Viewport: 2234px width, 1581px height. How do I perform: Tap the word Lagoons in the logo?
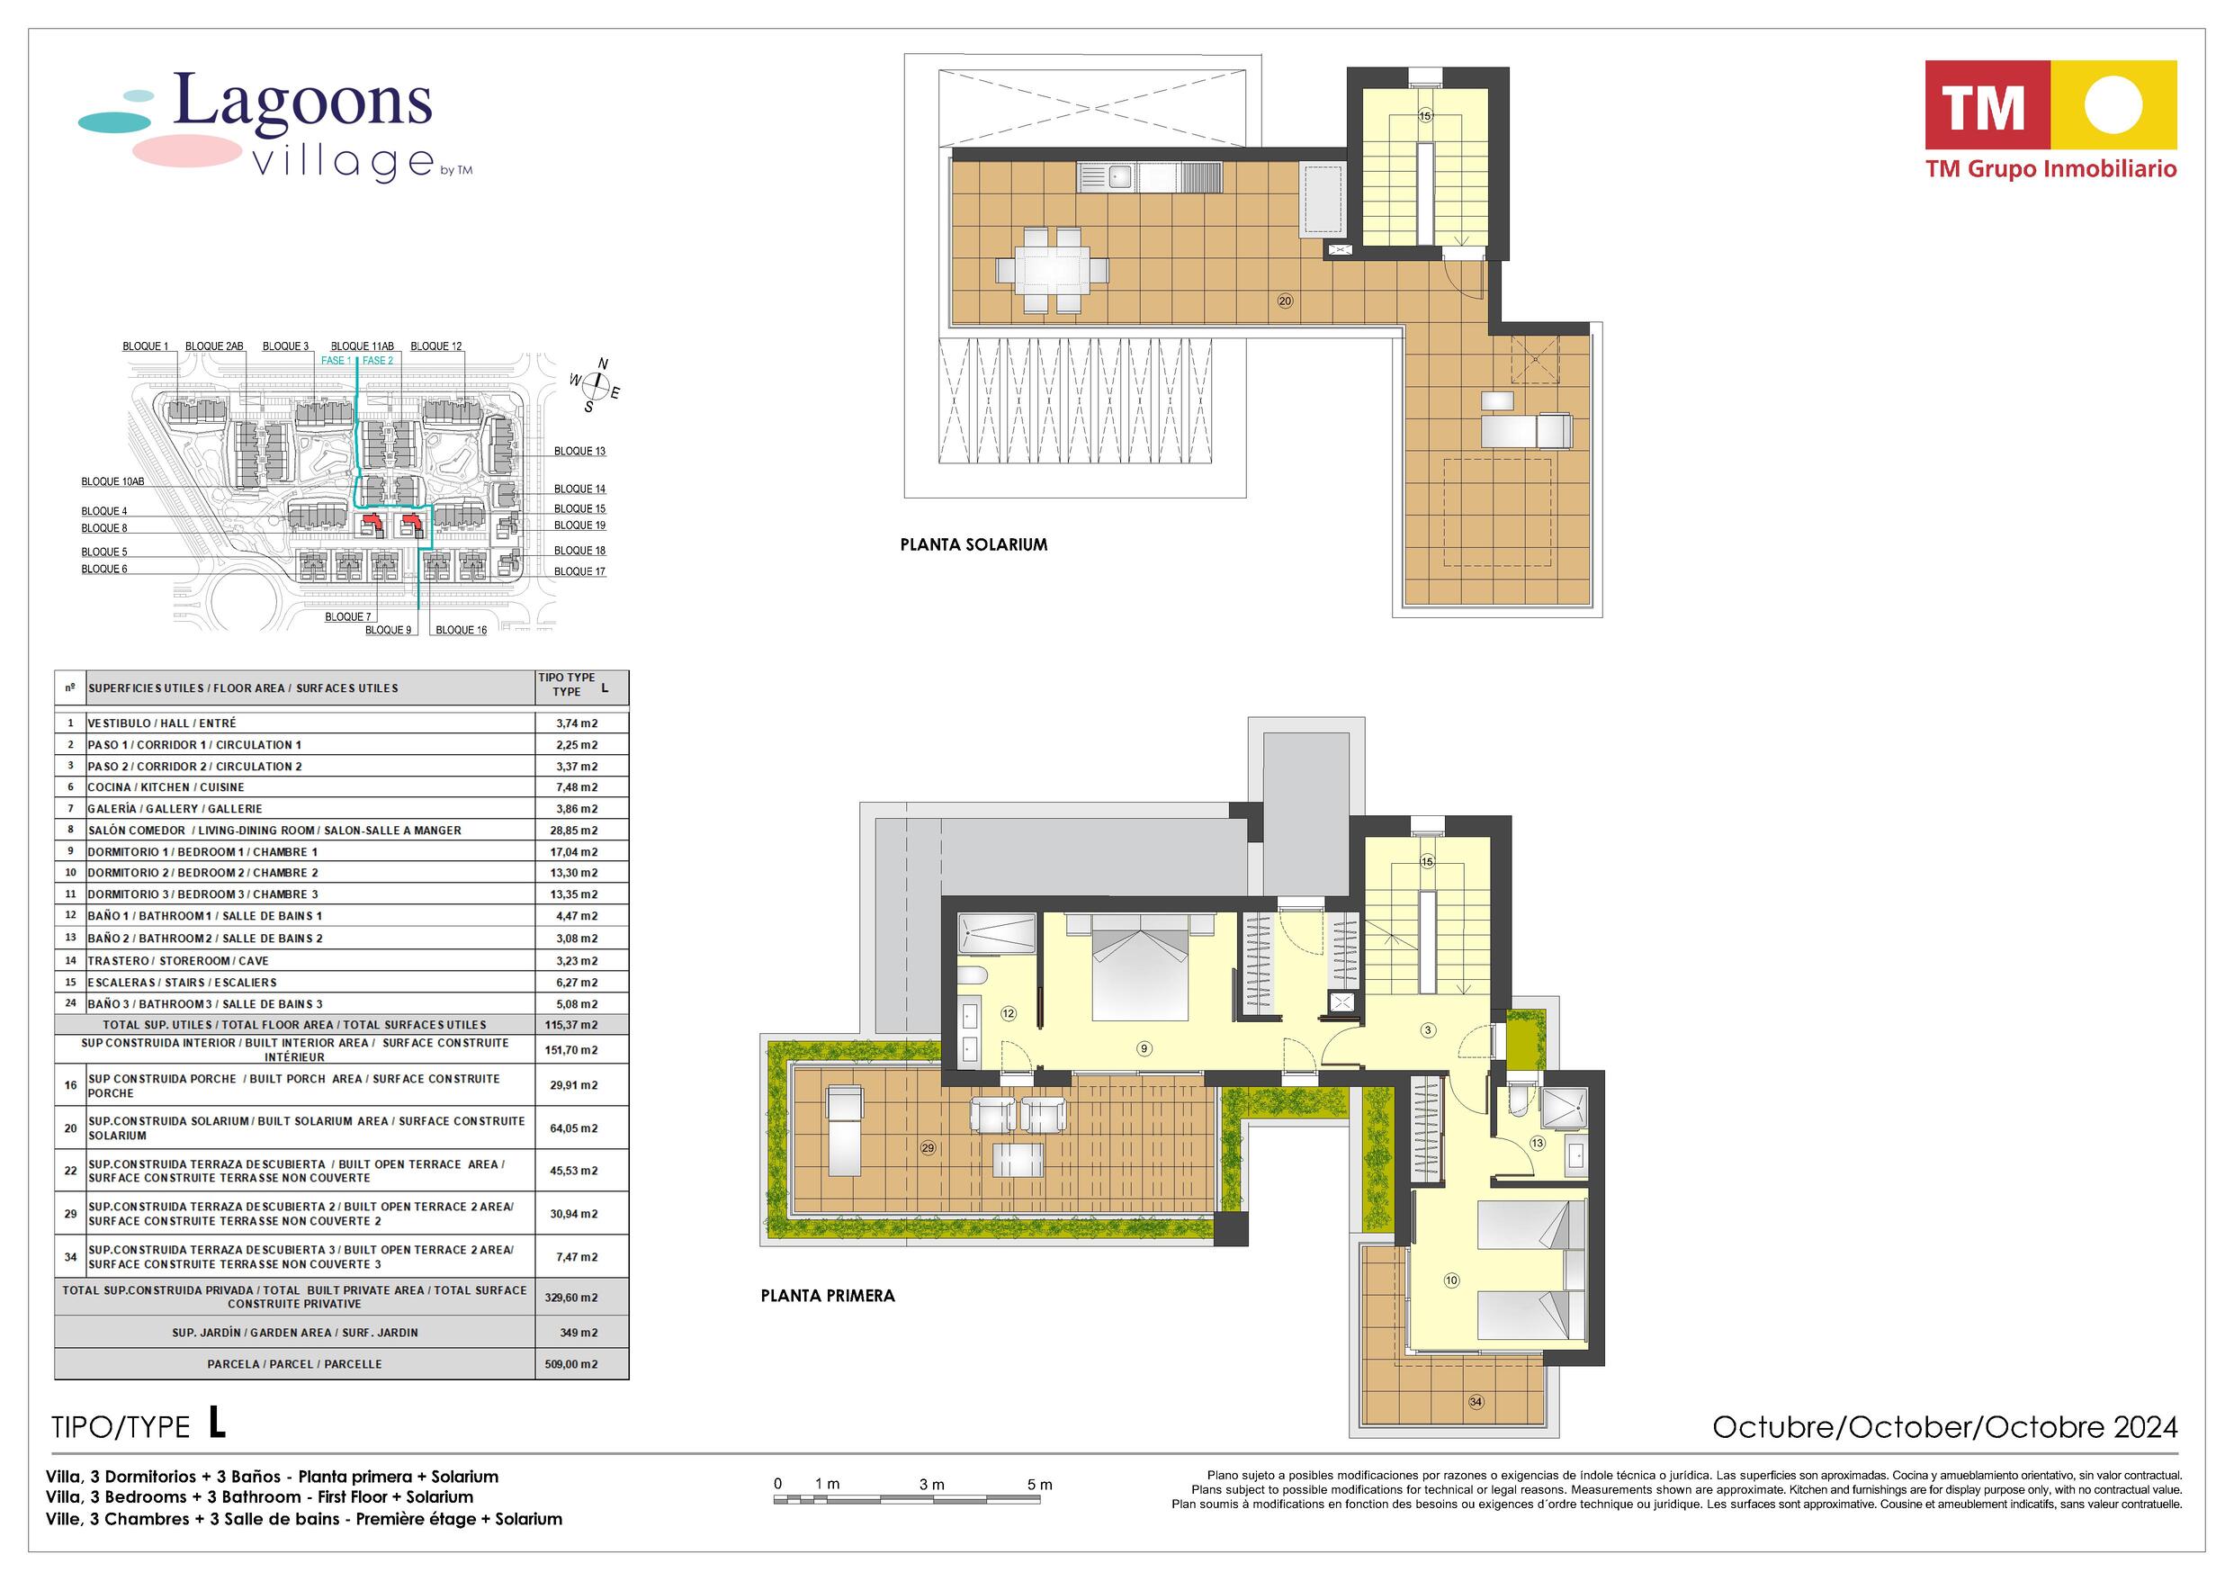[301, 102]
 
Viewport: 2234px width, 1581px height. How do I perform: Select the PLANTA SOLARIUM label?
[973, 545]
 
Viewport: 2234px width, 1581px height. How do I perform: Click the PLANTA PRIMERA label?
[828, 1296]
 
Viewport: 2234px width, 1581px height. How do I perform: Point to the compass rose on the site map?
[596, 388]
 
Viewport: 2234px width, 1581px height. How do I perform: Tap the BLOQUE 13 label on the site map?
[580, 451]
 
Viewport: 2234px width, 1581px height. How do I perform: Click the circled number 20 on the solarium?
[1285, 301]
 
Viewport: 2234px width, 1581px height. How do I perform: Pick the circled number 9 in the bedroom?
[1144, 1048]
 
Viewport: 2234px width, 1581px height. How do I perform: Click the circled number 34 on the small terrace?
[1476, 1402]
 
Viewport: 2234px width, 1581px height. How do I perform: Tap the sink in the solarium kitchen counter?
[1118, 177]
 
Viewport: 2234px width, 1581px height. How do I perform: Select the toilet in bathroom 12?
[974, 976]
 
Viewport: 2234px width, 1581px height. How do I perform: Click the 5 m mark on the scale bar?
[1039, 1486]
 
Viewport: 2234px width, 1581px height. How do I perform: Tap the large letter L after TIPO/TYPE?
[217, 1424]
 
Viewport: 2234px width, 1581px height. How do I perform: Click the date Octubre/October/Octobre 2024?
[1945, 1427]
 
